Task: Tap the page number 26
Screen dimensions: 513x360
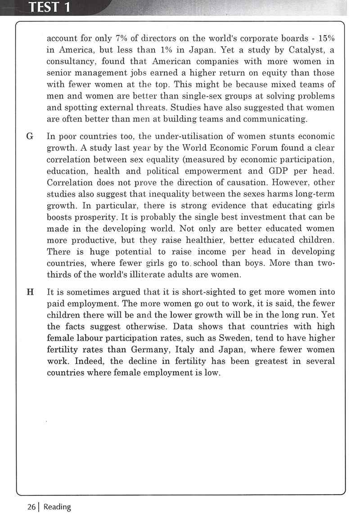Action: (31, 507)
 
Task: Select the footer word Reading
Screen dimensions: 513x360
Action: (57, 507)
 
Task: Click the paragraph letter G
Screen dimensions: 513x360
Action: (30, 136)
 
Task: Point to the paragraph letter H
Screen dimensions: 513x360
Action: (30, 292)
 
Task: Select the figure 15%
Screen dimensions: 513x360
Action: (325, 37)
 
